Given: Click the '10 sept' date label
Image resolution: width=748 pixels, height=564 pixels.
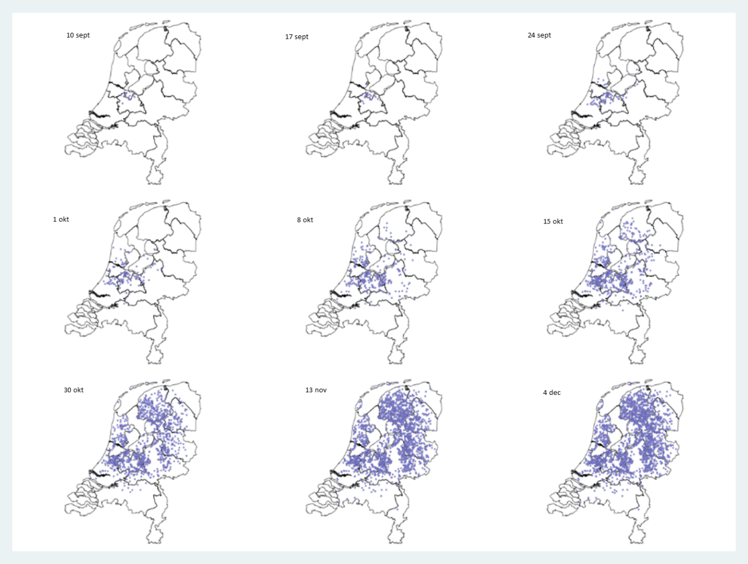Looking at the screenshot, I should tap(78, 35).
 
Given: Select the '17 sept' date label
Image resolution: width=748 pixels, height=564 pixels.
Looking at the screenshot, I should tap(297, 37).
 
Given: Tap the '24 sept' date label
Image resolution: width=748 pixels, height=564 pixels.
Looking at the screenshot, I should tap(539, 35).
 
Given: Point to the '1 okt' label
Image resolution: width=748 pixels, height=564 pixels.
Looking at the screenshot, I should tap(61, 220).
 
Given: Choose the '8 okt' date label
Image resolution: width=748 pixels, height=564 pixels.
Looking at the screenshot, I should tap(305, 220).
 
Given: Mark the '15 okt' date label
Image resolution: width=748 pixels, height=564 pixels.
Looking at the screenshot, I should tap(553, 222).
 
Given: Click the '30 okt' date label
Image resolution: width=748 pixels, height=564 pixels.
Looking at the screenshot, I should tap(73, 391).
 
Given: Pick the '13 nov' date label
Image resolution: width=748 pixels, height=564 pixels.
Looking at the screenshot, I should tap(316, 391).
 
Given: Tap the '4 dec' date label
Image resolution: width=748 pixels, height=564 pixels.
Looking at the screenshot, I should tap(551, 393).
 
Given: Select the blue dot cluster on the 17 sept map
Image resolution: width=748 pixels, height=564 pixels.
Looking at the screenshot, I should tap(368, 96).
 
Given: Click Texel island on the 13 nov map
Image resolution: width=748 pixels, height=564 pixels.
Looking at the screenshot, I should tap(359, 405).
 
